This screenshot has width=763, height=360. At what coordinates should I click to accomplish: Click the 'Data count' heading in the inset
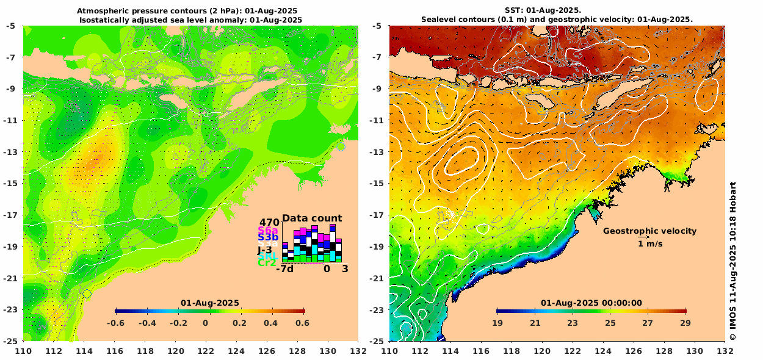pyautogui.click(x=312, y=218)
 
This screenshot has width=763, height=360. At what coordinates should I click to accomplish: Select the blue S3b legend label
pyautogui.click(x=268, y=237)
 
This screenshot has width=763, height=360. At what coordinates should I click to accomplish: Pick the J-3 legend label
pyautogui.click(x=264, y=250)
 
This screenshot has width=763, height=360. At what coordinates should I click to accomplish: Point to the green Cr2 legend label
pyautogui.click(x=267, y=263)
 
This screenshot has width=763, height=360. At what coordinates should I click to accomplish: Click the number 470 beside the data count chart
pyautogui.click(x=270, y=222)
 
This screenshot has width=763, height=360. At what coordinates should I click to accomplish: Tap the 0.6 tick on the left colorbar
pyautogui.click(x=302, y=323)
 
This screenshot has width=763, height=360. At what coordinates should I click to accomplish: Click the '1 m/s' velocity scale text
pyautogui.click(x=650, y=244)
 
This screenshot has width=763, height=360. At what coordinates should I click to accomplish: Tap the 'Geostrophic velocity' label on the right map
pyautogui.click(x=649, y=231)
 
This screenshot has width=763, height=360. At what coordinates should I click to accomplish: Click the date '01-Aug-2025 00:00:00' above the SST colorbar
pyautogui.click(x=591, y=303)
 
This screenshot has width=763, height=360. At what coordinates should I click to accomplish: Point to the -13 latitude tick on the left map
pyautogui.click(x=12, y=151)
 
